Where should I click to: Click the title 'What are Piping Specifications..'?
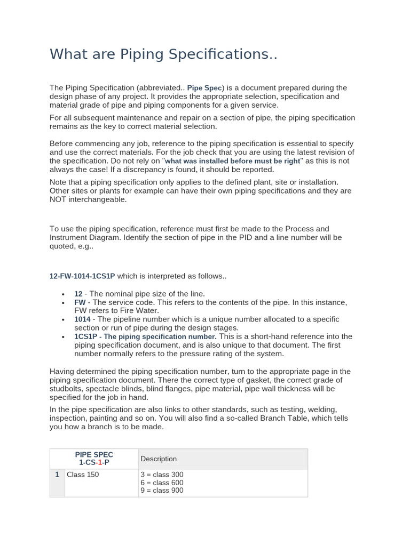[x=163, y=54]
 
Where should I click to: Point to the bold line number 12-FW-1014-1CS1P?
[x=82, y=276]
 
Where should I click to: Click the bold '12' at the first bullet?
[x=78, y=294]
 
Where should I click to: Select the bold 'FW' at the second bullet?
[x=80, y=302]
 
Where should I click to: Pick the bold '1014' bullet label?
[x=83, y=319]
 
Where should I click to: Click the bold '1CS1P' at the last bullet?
[x=86, y=336]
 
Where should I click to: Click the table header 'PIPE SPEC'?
[x=94, y=455]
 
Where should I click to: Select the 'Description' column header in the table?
[x=159, y=459]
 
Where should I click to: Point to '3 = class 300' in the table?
[x=162, y=475]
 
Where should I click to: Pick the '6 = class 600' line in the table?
[x=162, y=483]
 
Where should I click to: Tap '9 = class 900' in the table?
[x=162, y=491]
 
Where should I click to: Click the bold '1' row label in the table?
[x=57, y=475]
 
